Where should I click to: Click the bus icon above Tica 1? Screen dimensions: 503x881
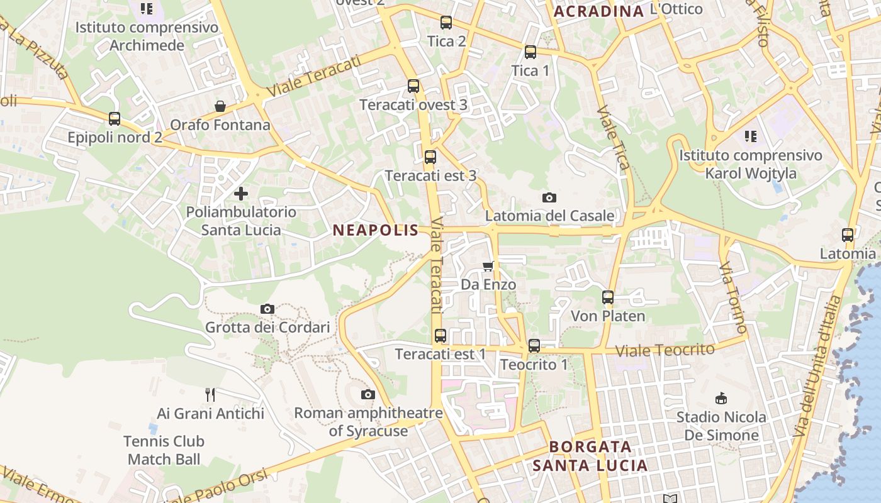(x=530, y=52)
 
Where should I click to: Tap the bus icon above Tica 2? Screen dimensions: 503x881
(x=446, y=23)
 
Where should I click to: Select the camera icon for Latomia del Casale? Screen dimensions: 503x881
(x=549, y=197)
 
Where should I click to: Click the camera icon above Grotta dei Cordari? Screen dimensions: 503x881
(x=267, y=309)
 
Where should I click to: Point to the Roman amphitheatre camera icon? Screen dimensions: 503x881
(x=368, y=394)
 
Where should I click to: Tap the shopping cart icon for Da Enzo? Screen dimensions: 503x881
(x=488, y=266)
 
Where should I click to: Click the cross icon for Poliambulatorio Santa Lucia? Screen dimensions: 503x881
(x=241, y=194)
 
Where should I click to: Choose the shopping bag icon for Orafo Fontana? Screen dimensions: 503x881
(x=220, y=106)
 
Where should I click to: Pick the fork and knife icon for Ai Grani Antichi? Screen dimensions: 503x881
(x=210, y=395)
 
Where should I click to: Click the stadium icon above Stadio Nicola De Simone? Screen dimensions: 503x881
(x=722, y=398)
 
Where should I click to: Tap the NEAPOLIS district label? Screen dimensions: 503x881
(x=376, y=230)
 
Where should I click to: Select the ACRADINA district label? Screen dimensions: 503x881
(x=598, y=11)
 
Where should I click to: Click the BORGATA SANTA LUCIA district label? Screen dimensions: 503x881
(x=590, y=456)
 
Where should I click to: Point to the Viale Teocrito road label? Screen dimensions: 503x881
(x=665, y=350)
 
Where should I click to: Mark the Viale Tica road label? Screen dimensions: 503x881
(x=613, y=138)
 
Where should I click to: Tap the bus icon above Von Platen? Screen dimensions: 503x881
(x=608, y=297)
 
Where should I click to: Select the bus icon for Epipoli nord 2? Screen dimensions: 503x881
(x=115, y=118)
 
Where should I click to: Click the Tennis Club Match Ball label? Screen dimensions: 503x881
(x=164, y=450)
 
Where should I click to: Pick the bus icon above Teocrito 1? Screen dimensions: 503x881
(x=534, y=345)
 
